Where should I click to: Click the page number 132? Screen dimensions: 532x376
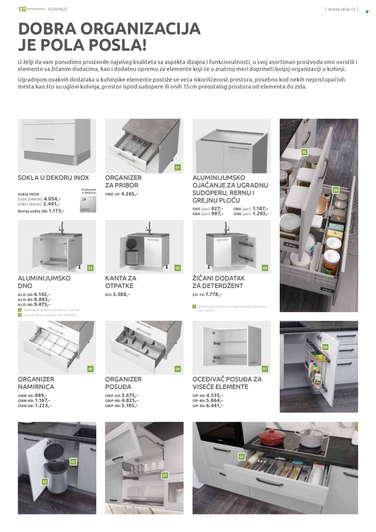pos(22,9)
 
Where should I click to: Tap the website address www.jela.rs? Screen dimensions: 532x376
pos(341,9)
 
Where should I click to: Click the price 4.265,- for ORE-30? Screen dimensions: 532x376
pos(129,194)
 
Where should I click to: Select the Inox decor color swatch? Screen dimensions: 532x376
pos(88,204)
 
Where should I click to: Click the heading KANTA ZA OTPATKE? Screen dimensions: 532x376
pos(121,282)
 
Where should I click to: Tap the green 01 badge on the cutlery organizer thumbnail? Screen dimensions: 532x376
pos(177,168)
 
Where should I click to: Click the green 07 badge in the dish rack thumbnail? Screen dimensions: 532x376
pos(265,369)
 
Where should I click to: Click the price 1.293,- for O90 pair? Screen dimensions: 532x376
pos(260,214)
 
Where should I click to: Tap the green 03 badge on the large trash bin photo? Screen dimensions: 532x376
pos(45,482)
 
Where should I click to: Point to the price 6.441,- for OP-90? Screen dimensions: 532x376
pos(214,406)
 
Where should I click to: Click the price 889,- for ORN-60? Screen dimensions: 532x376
pos(41,395)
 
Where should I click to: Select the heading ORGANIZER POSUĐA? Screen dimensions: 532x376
pos(123,383)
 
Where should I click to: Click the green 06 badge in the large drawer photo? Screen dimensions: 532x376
pos(335,190)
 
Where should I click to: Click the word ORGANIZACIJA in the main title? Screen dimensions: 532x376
pos(140,29)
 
